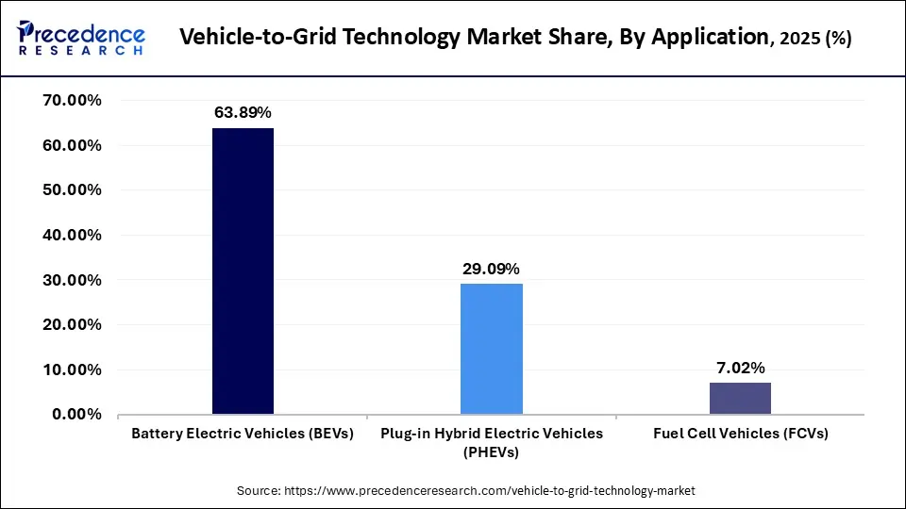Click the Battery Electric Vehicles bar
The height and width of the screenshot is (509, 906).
pyautogui.click(x=243, y=271)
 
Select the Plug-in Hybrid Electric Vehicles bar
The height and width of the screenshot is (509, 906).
pyautogui.click(x=492, y=349)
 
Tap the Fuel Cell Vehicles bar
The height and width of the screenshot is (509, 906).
pyautogui.click(x=740, y=399)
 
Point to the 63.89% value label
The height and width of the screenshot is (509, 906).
pyautogui.click(x=243, y=113)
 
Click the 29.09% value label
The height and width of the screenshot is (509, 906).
pyautogui.click(x=491, y=269)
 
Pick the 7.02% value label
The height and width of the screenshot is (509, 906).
pyautogui.click(x=740, y=368)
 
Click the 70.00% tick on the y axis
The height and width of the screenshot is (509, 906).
pyautogui.click(x=72, y=101)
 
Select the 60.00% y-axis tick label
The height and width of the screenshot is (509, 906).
pyautogui.click(x=72, y=145)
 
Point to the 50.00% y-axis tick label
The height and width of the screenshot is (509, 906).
pyautogui.click(x=72, y=190)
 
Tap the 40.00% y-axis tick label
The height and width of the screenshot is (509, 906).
pyautogui.click(x=72, y=235)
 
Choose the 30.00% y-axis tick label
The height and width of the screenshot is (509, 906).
pyautogui.click(x=72, y=280)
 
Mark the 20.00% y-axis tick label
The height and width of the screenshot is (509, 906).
pyautogui.click(x=72, y=324)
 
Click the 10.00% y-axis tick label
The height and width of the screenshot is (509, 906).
pyautogui.click(x=72, y=369)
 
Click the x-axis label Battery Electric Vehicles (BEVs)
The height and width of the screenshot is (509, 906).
pyautogui.click(x=243, y=434)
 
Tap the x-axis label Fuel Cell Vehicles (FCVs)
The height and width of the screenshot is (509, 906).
pyautogui.click(x=740, y=434)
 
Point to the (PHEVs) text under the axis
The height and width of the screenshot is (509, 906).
pyautogui.click(x=491, y=452)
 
